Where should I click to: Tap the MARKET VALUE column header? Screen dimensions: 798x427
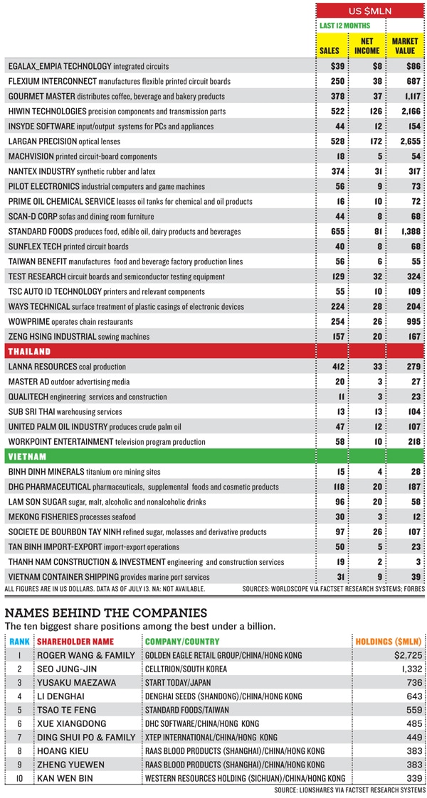pyautogui.click(x=405, y=46)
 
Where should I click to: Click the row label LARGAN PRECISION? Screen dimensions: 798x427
pyautogui.click(x=44, y=141)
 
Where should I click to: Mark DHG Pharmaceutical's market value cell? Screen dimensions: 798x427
pyautogui.click(x=408, y=487)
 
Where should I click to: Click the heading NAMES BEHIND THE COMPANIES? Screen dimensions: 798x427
pyautogui.click(x=105, y=613)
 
